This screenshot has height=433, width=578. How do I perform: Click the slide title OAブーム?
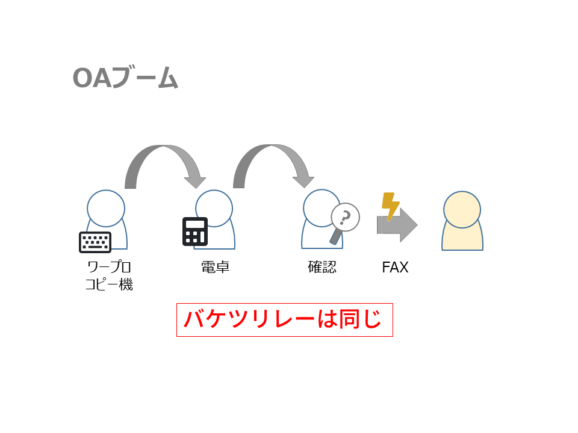125,78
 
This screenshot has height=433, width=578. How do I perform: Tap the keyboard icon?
95,242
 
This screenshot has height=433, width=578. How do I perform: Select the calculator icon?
195,232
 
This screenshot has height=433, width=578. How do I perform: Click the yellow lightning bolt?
390,206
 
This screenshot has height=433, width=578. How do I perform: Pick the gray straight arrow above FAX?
398,225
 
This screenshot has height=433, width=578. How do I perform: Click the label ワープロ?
109,266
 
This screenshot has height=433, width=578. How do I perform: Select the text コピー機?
109,284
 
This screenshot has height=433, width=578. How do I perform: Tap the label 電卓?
215,266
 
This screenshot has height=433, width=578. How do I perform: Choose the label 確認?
322,266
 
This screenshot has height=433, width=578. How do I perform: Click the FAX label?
395,267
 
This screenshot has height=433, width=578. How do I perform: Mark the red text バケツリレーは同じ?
284,319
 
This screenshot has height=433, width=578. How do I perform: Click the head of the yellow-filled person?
462,210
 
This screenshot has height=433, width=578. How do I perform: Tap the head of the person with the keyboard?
106,208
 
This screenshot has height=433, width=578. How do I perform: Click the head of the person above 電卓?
214,208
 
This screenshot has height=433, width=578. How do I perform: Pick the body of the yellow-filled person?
462,239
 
